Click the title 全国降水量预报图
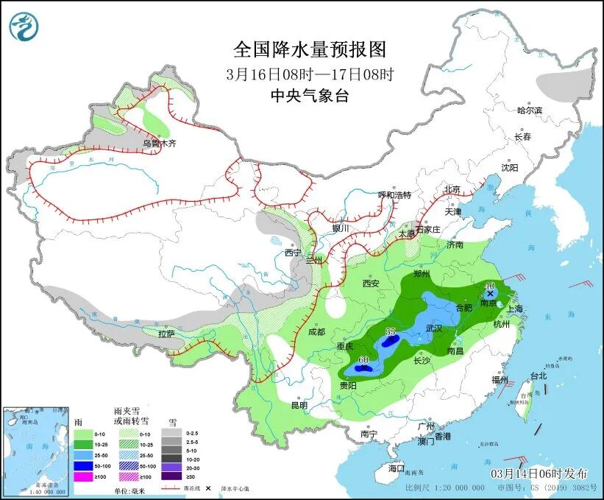click(x=309, y=49)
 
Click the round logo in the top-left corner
click(x=23, y=26)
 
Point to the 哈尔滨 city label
click(x=529, y=110)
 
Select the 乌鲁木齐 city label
click(x=160, y=144)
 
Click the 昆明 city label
click(x=299, y=404)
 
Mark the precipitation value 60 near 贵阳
click(x=363, y=359)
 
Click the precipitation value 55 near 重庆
click(x=391, y=332)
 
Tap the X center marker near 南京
click(x=490, y=293)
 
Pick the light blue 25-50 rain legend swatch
click(x=84, y=456)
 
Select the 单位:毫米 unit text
click(x=131, y=490)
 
